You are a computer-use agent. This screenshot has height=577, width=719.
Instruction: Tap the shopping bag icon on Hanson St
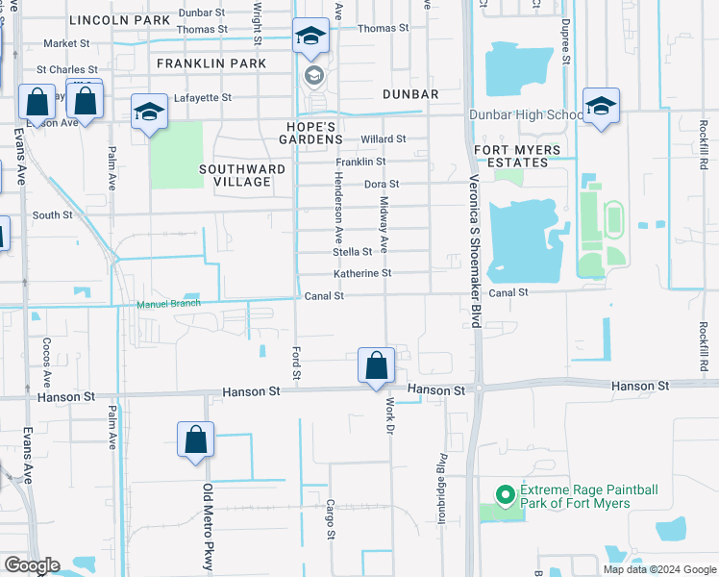click(376, 366)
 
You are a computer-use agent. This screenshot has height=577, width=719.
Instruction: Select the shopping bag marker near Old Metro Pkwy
click(195, 440)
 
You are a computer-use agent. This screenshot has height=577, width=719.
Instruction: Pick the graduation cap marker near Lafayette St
click(149, 113)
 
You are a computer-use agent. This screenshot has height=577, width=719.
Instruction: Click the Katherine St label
click(362, 274)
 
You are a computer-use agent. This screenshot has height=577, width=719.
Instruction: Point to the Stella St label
click(353, 252)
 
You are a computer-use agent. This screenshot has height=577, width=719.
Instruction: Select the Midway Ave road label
click(383, 225)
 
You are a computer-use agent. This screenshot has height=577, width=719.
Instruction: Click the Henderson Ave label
click(337, 208)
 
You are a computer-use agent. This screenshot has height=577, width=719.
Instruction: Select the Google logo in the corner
click(32, 565)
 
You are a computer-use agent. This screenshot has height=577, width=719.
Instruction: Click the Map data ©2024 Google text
click(659, 568)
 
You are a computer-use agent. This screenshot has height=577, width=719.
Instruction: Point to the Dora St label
click(382, 185)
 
